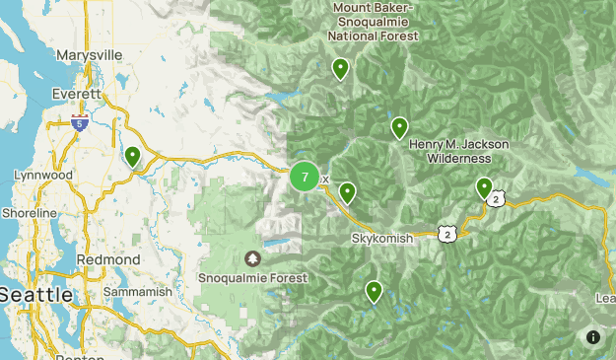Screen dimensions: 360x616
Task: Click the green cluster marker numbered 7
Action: (x=305, y=178)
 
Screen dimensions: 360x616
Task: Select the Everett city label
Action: (x=77, y=94)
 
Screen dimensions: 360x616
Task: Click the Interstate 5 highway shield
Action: (x=80, y=122)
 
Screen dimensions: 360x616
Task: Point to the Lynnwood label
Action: (x=43, y=175)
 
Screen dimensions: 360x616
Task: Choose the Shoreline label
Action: (x=30, y=212)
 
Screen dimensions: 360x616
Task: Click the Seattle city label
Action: (x=35, y=294)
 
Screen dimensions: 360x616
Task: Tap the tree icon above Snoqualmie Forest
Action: (x=252, y=258)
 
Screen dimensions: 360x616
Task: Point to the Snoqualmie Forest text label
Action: (x=252, y=278)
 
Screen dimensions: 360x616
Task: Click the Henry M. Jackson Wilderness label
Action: (x=459, y=151)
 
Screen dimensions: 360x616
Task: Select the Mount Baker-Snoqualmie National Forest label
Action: (x=374, y=22)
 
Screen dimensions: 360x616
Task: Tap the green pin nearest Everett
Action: (x=133, y=156)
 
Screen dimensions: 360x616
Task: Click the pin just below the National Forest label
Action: (x=340, y=68)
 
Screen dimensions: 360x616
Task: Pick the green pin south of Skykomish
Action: (x=375, y=291)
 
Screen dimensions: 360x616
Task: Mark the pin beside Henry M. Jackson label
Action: (x=399, y=127)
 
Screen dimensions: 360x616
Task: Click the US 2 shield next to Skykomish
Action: (x=447, y=234)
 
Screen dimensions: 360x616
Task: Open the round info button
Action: (x=593, y=337)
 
